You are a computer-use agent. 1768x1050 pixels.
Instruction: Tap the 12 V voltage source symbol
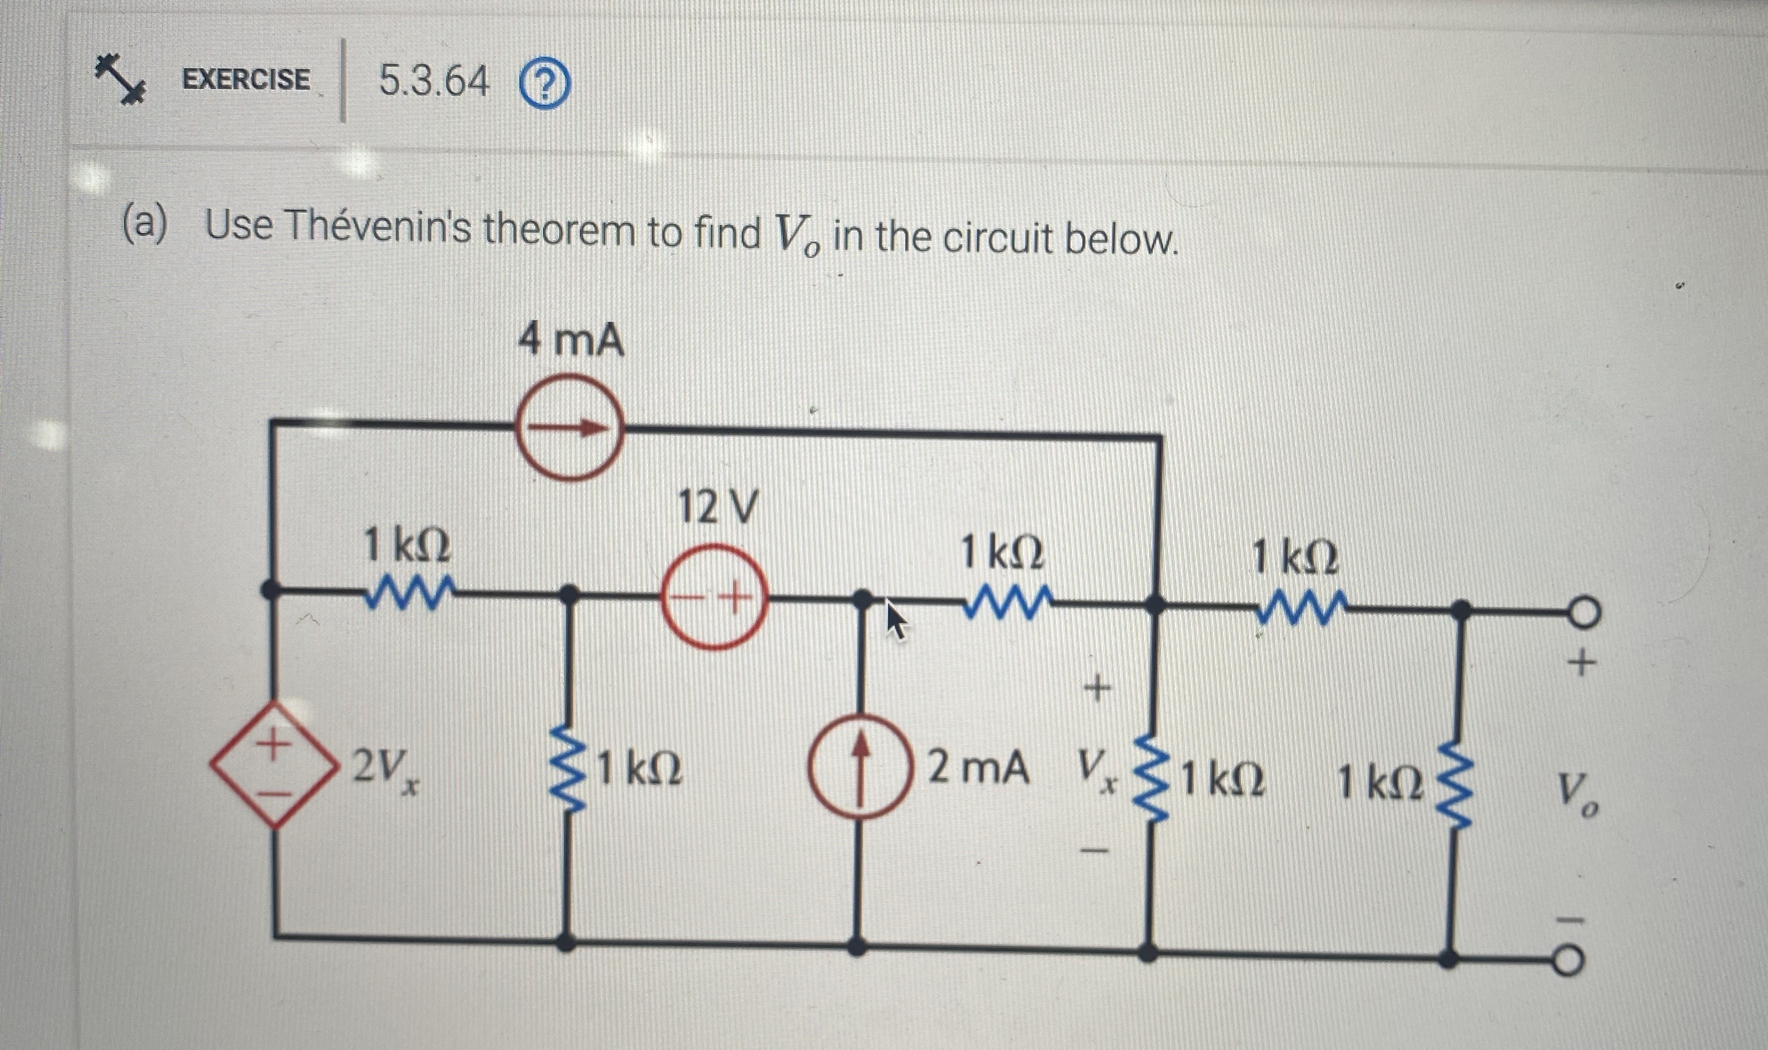[x=714, y=597]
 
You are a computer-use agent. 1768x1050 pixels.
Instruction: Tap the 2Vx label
[x=386, y=767]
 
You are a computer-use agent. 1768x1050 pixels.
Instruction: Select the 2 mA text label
[x=978, y=768]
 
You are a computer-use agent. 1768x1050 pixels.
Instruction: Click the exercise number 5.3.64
[x=434, y=81]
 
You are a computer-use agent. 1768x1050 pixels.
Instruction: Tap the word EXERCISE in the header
[x=246, y=79]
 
